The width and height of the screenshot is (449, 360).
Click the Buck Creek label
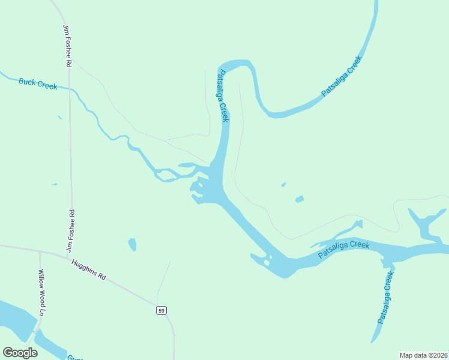tap(38, 83)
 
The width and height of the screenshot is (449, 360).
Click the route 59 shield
tap(161, 310)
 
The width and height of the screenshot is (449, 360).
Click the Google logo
tap(20, 353)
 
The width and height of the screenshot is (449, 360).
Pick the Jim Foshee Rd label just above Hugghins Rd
tap(71, 230)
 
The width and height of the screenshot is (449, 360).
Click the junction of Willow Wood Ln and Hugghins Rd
tap(40, 251)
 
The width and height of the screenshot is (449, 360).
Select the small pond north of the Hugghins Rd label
tap(132, 244)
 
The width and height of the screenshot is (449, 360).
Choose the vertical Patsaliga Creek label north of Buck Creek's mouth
tap(222, 96)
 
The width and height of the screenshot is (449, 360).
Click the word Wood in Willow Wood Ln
tap(42, 296)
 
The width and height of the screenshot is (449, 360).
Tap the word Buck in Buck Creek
tap(28, 82)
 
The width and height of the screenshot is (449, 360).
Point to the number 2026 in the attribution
tap(439, 355)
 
